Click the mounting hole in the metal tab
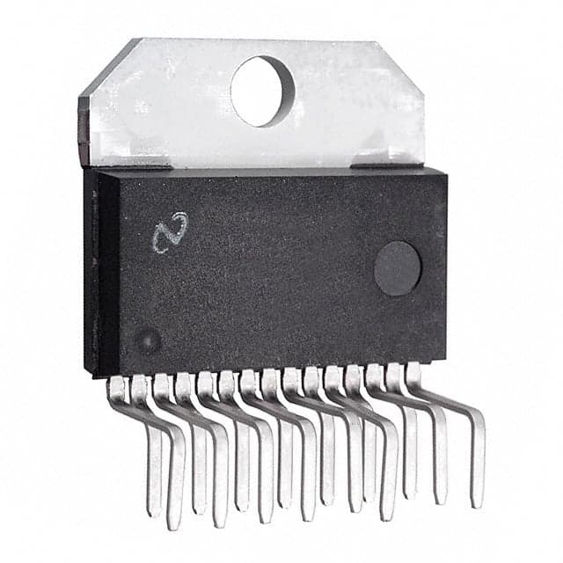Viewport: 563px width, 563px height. click(262, 91)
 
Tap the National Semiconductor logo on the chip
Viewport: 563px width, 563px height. click(170, 231)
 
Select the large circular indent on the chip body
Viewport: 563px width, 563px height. click(398, 268)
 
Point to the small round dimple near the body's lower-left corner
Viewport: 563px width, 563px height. click(149, 340)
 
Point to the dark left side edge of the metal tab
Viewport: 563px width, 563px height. click(84, 132)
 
